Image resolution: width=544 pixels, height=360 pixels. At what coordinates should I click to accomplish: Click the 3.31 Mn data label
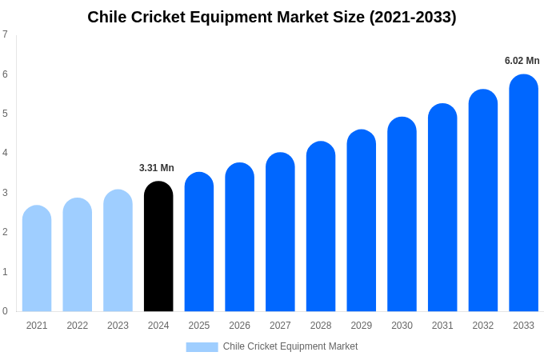tap(157, 168)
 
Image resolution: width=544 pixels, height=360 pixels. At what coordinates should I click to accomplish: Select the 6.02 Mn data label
tap(522, 61)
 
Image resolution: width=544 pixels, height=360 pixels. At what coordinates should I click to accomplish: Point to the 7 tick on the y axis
tap(5, 34)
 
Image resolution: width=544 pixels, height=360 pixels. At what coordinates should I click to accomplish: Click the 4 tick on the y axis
tap(5, 153)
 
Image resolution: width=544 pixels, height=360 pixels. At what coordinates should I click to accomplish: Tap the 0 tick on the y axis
tap(5, 311)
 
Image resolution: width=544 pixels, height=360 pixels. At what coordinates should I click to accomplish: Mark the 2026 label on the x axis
tap(239, 326)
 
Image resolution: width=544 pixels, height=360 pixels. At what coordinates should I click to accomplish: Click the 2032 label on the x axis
tap(482, 326)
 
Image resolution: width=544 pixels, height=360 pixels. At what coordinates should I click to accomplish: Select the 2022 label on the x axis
tap(78, 326)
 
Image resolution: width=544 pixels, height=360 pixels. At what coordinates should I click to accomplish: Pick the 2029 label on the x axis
tap(361, 326)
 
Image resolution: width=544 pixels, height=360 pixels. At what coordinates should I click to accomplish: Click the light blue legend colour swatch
tap(202, 347)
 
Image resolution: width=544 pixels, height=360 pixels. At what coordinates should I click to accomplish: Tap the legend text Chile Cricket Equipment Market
tap(290, 346)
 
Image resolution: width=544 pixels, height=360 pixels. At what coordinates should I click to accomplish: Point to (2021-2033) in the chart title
tap(413, 17)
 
